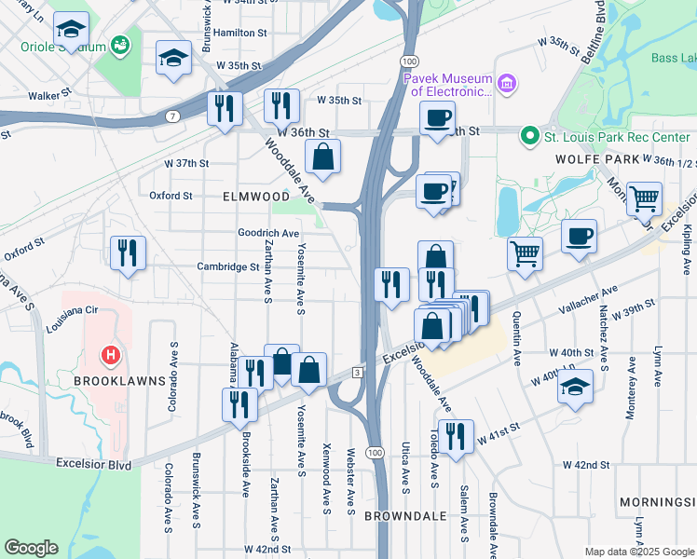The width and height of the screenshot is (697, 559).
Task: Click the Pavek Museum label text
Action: [x=446, y=85]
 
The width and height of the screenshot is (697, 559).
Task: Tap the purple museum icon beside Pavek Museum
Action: [x=507, y=86]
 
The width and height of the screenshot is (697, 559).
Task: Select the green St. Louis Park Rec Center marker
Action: [x=530, y=137]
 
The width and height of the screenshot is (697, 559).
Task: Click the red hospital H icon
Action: [x=110, y=356]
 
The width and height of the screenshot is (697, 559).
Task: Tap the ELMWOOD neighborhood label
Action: [x=256, y=198]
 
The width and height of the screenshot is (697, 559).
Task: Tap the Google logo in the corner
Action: [x=32, y=548]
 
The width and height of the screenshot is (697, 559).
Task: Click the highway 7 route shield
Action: [x=174, y=116]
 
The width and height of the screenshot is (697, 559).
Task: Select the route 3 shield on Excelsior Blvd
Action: [x=357, y=373]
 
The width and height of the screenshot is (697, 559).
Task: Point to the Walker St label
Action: [x=49, y=95]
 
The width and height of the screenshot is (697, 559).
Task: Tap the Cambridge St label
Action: [x=227, y=266]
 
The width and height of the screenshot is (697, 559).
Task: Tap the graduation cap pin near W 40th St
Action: [x=576, y=386]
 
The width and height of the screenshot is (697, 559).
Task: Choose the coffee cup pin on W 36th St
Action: [x=438, y=118]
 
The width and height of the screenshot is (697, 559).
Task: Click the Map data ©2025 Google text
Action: [x=638, y=551]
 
